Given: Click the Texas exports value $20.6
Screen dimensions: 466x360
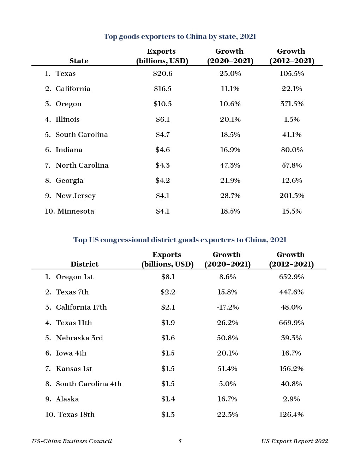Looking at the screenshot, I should pos(163,73).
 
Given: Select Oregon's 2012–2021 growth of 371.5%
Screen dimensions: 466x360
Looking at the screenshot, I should pos(292,104).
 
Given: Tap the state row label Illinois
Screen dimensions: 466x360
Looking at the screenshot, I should pos(67,119).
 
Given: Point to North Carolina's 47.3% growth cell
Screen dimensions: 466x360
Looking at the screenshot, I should pos(230,165).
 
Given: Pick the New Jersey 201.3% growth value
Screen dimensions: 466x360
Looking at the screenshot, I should pos(292,196).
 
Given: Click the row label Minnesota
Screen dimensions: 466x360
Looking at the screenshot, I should pos(76,211).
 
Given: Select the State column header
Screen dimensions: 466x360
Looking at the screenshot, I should pos(79,61).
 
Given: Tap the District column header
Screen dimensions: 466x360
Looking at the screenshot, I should pos(84,264).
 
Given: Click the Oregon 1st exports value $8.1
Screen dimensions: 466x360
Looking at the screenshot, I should pos(168,277).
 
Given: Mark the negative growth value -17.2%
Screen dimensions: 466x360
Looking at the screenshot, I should pos(228,307).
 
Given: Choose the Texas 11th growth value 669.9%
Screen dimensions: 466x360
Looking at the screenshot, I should pos(291,323).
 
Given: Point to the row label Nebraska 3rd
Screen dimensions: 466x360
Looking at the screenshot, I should pos(79,338).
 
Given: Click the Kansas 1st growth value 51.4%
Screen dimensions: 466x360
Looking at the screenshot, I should pos(228,369).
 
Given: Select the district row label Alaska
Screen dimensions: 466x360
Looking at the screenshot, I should pos(67,399).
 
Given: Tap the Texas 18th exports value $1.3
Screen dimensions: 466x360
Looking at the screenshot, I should pos(168,414).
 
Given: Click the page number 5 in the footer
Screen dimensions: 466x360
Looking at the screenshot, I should pos(180,441).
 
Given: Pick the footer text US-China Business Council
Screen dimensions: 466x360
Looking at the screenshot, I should pos(72,441).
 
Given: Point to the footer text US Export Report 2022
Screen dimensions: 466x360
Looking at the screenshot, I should pos(294,441).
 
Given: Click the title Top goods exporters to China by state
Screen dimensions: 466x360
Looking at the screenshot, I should pos(180,36).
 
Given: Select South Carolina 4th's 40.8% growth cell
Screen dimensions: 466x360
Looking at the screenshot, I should pos(291,384).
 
